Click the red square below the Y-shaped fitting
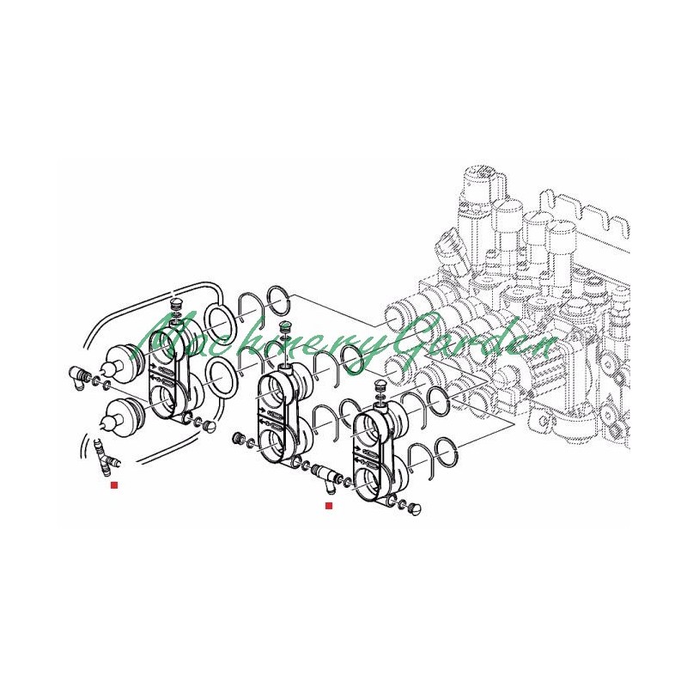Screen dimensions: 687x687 click(114, 485)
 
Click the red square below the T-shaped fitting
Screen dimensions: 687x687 click(329, 506)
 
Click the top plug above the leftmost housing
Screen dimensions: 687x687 click(176, 304)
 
